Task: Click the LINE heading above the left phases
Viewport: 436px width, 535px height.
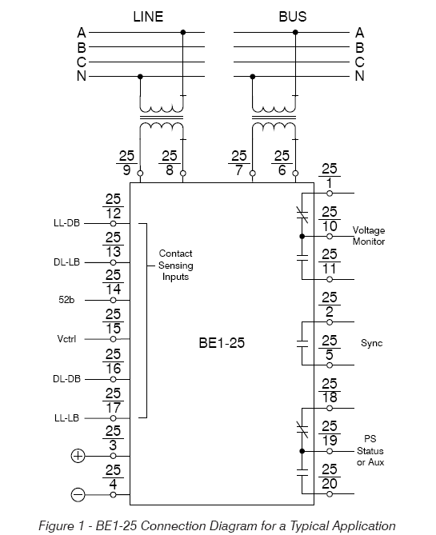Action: pos(148,17)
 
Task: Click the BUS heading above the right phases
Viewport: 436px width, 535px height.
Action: pos(293,17)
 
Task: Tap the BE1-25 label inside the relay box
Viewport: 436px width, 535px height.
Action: pos(222,343)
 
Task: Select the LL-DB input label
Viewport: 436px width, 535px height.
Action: pos(66,223)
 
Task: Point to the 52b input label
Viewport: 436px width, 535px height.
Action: pos(66,300)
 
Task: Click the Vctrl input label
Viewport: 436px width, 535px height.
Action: pos(66,339)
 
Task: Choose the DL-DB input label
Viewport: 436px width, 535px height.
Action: pos(66,379)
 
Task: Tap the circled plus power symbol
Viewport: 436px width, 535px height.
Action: pos(78,456)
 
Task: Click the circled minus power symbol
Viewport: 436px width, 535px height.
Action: pos(78,495)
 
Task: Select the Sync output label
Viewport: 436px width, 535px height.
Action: pos(371,343)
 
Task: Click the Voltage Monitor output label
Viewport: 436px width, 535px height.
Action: pos(369,236)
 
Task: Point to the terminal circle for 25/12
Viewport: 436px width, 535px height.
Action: pos(114,223)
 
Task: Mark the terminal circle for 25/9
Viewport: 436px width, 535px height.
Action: pos(140,174)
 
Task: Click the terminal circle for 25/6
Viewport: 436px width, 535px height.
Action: pos(295,174)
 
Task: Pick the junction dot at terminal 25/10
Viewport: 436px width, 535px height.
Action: pos(302,236)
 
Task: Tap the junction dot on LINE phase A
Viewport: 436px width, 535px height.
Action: pos(183,33)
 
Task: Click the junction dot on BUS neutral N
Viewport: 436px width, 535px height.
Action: pos(253,77)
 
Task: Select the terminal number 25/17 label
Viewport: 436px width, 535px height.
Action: pos(113,401)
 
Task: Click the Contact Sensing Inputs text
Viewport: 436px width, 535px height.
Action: pos(175,266)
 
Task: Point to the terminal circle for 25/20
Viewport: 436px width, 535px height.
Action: pos(330,493)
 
